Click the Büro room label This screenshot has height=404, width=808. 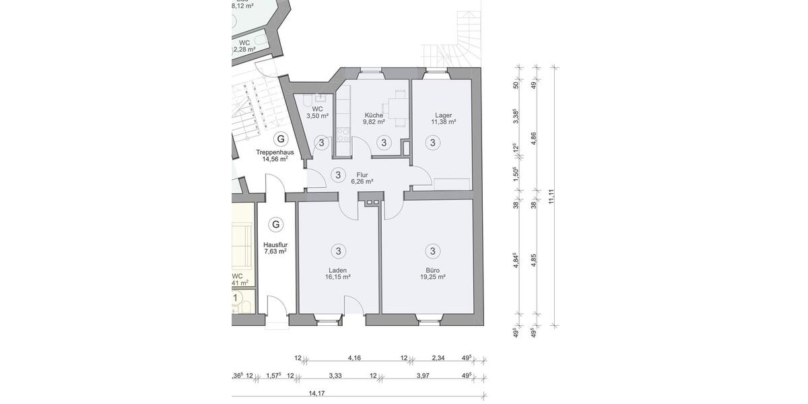[x=432, y=269]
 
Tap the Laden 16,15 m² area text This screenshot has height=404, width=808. [x=338, y=277]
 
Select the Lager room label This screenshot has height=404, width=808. [x=444, y=115]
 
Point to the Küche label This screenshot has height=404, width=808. [x=374, y=115]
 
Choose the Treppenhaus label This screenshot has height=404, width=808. [x=275, y=152]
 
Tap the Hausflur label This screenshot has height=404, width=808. [x=275, y=245]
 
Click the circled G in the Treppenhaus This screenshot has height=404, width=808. [x=281, y=139]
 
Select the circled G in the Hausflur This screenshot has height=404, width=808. [x=275, y=224]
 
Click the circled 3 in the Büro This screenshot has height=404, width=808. [x=432, y=251]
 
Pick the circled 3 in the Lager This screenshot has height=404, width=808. [x=432, y=142]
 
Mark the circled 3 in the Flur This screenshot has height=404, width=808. [x=338, y=175]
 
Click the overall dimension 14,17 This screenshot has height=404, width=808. [x=316, y=393]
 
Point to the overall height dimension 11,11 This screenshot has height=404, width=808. [x=551, y=196]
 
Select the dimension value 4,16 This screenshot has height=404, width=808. [x=354, y=358]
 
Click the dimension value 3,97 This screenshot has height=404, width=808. [x=422, y=376]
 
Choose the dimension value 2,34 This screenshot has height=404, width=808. [x=438, y=358]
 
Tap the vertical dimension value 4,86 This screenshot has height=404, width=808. [x=533, y=139]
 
